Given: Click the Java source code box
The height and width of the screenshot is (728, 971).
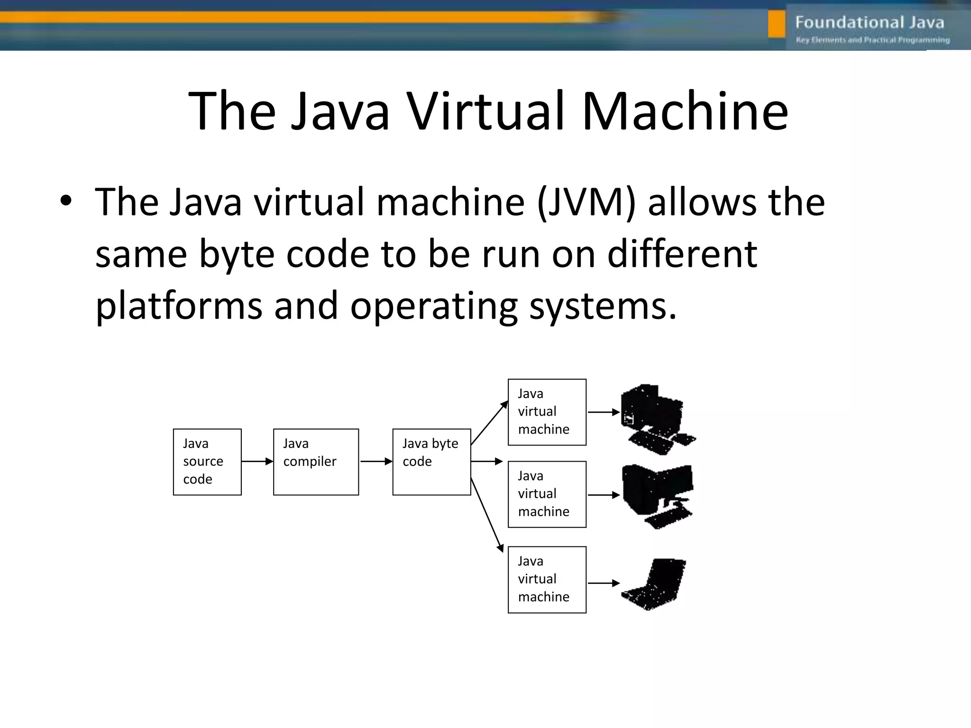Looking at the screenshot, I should [207, 462].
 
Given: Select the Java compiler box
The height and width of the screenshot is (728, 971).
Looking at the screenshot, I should [316, 462].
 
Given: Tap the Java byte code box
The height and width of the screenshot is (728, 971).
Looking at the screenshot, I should [431, 462].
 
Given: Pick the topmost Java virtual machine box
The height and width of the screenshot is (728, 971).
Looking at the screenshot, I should [547, 412].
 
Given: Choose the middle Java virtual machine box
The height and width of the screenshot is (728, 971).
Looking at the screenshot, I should [547, 494].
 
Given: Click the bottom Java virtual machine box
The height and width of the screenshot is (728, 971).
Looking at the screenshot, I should [547, 579].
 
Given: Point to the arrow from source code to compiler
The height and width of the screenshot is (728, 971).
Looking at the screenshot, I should [257, 461].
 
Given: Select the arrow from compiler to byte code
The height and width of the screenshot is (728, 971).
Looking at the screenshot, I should [376, 461].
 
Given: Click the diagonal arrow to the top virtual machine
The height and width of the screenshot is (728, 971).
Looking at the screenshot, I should [489, 423].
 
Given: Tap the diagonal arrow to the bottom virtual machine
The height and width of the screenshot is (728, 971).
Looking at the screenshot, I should [487, 516].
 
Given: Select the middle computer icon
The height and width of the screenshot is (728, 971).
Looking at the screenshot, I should [657, 496].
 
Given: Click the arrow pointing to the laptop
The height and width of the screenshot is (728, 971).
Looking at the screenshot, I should [604, 583].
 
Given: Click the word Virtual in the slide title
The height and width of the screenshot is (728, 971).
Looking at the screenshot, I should [487, 112].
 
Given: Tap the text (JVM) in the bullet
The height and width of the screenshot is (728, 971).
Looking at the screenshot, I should [586, 202].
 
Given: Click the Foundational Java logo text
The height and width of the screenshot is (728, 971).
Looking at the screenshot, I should [870, 22].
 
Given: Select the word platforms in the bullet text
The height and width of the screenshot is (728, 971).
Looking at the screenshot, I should [179, 306].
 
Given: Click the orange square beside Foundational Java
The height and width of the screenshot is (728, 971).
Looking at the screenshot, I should [777, 24].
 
